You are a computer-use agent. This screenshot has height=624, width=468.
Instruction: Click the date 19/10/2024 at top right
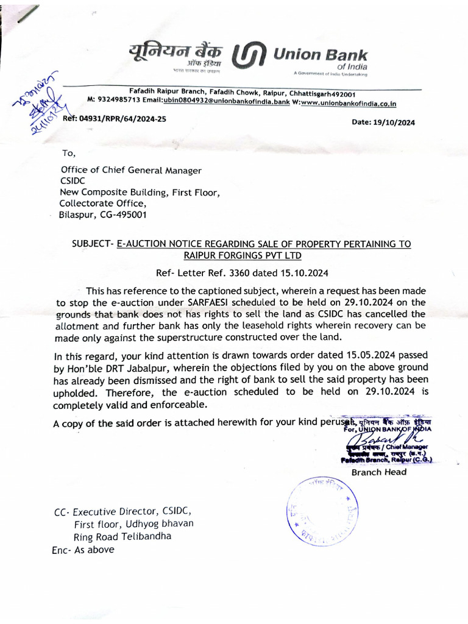383,122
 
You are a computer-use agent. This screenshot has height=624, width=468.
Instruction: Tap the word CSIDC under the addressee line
73,181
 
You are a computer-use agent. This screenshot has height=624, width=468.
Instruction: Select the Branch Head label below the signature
378,472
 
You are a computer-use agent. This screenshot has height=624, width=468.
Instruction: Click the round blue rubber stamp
322,511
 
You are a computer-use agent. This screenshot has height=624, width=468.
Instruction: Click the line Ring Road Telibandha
122,536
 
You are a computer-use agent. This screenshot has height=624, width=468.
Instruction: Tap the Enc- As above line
83,549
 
